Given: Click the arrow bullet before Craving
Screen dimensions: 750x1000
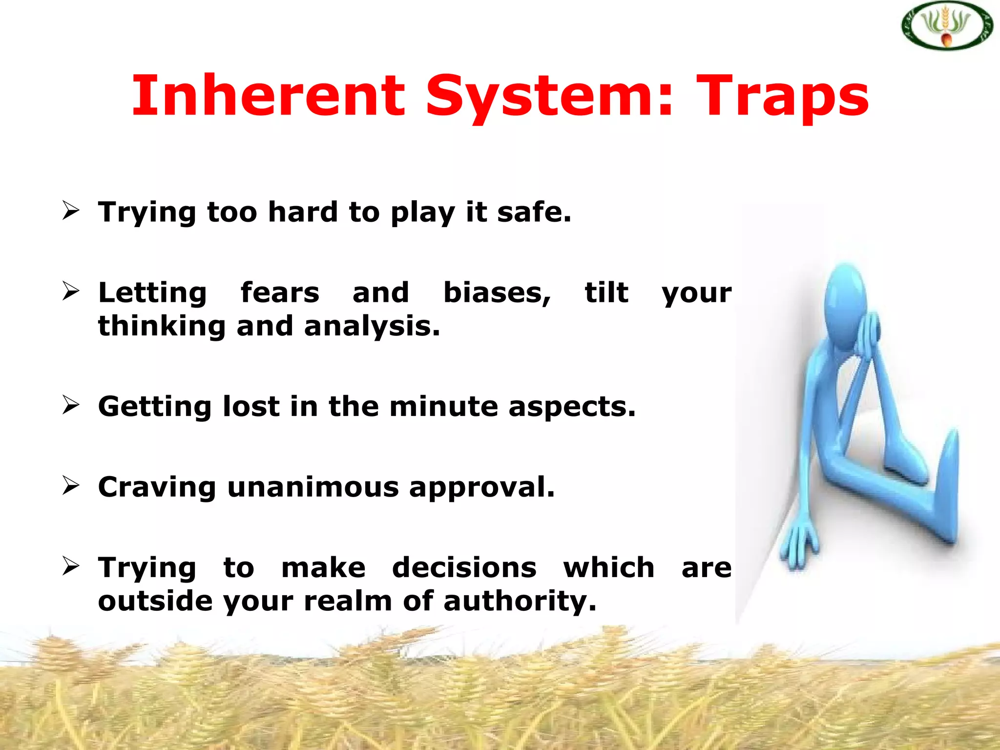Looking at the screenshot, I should pyautogui.click(x=71, y=486).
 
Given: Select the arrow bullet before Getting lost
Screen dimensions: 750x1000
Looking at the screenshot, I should pyautogui.click(x=71, y=405).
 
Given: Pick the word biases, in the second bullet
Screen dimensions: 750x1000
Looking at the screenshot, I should pyautogui.click(x=497, y=293).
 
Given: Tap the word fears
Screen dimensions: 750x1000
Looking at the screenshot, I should pyautogui.click(x=280, y=292).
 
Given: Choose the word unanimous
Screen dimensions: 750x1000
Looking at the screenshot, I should pyautogui.click(x=313, y=487).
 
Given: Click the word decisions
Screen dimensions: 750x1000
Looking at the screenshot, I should pyautogui.click(x=464, y=568).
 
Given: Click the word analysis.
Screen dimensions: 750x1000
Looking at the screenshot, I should pyautogui.click(x=372, y=326).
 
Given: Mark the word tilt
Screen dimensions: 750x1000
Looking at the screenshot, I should pyautogui.click(x=606, y=292).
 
